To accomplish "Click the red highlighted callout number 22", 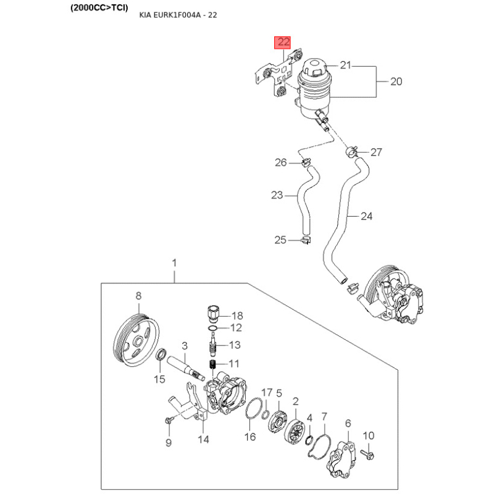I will [283, 43].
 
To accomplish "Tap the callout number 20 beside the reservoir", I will [396, 81].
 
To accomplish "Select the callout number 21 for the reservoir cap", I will [345, 65].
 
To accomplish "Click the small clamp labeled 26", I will [305, 163].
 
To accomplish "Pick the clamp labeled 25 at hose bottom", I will [304, 240].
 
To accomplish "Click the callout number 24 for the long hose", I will [366, 216].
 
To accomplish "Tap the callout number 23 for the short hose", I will [277, 195].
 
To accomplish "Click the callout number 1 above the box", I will [174, 263].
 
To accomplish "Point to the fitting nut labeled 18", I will [214, 309].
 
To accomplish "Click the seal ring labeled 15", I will [161, 356].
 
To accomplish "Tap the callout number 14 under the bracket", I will [203, 440].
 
